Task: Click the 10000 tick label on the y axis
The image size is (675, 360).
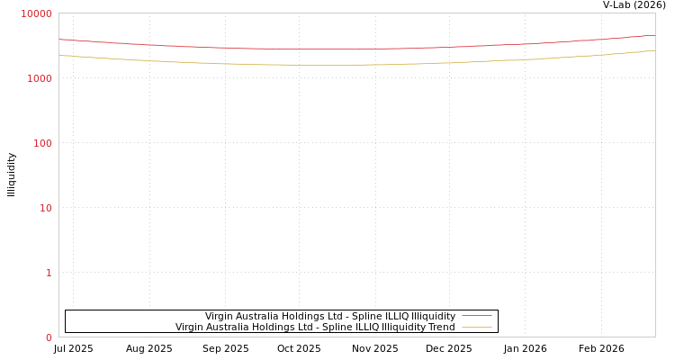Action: (x=37, y=13)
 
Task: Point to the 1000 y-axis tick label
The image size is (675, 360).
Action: (x=40, y=78)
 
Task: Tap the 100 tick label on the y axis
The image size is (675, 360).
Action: (x=42, y=143)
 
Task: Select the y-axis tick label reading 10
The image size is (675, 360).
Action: (x=45, y=208)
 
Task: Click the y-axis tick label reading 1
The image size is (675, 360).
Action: (x=49, y=273)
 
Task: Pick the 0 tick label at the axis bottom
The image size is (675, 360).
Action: (x=49, y=337)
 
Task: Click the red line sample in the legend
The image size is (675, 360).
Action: (x=476, y=316)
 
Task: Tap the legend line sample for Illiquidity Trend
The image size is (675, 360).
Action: (x=476, y=327)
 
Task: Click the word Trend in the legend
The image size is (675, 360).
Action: (x=441, y=327)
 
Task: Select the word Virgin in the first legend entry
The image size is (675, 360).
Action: (x=220, y=316)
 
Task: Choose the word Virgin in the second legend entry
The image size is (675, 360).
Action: (x=190, y=327)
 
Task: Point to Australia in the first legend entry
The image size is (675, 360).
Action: (x=259, y=316)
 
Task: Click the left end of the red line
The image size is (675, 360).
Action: (x=59, y=40)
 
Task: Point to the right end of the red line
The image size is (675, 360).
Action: (x=654, y=36)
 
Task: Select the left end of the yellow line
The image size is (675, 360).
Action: (x=59, y=55)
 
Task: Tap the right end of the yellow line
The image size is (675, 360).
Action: (x=654, y=50)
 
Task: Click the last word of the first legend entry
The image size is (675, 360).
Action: (x=434, y=316)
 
